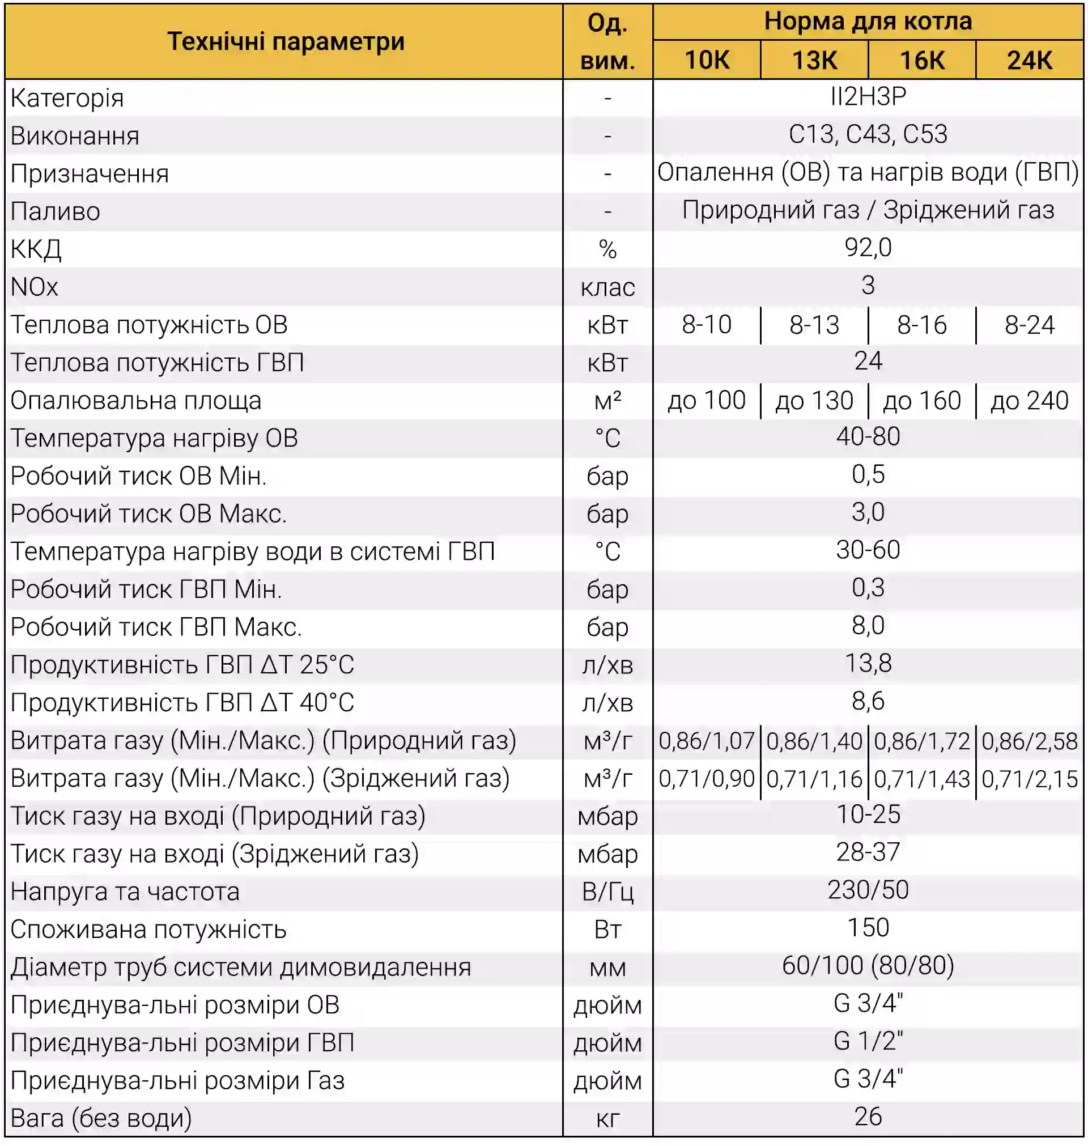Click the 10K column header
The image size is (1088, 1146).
pyautogui.click(x=707, y=60)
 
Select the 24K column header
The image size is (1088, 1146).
pyautogui.click(x=1030, y=60)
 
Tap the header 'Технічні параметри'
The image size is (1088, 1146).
pyautogui.click(x=286, y=42)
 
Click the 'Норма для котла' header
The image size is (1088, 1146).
pyautogui.click(x=868, y=22)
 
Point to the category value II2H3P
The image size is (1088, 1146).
pyautogui.click(x=868, y=96)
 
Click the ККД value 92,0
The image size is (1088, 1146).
pyautogui.click(x=868, y=248)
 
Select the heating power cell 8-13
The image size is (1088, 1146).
pyautogui.click(x=814, y=325)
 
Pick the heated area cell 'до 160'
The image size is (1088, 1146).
pyautogui.click(x=921, y=401)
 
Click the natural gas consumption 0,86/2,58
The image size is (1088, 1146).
pyautogui.click(x=1030, y=741)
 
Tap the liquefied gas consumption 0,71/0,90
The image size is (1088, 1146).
pyautogui.click(x=707, y=779)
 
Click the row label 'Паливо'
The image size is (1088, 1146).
pyautogui.click(x=56, y=211)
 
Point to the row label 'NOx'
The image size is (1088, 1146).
pyautogui.click(x=35, y=287)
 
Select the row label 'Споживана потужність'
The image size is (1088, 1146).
pyautogui.click(x=148, y=929)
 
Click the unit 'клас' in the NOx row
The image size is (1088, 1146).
pyautogui.click(x=608, y=287)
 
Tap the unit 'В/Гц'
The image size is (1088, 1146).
pyautogui.click(x=608, y=892)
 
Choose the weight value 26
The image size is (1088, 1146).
pyautogui.click(x=868, y=1117)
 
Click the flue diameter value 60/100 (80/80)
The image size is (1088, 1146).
pyautogui.click(x=868, y=966)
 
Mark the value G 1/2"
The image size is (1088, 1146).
pyautogui.click(x=868, y=1041)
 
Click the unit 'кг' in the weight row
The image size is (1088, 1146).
pyautogui.click(x=608, y=1119)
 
